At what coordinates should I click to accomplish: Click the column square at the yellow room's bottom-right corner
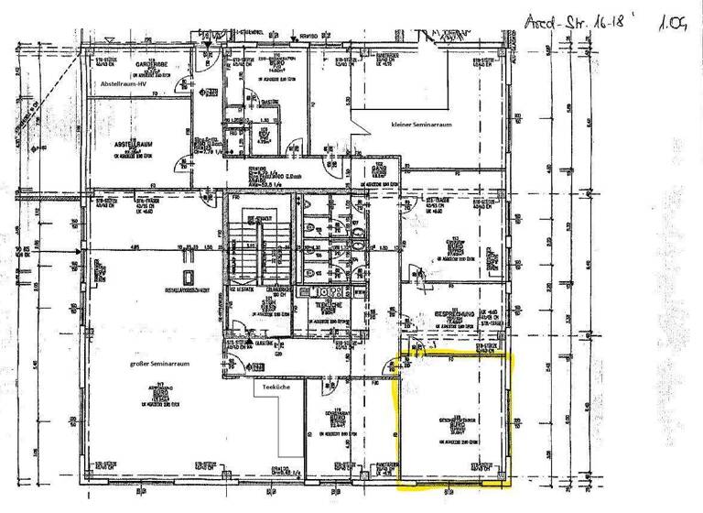[x=505, y=475]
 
